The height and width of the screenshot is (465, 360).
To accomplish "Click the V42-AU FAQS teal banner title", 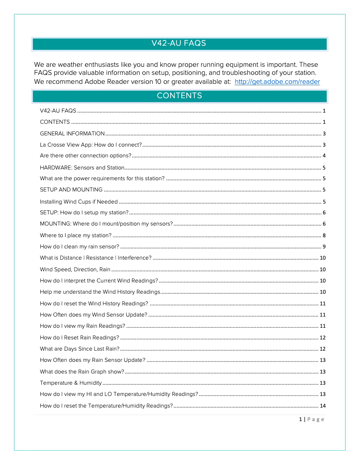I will click(x=179, y=43).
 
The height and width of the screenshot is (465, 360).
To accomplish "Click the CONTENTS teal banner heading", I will click(x=179, y=96).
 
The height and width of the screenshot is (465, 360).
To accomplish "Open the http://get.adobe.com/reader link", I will click(x=277, y=82).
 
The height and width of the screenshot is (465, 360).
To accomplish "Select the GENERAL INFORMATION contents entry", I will click(x=72, y=134).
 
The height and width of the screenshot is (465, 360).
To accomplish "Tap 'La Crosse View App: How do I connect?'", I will click(x=91, y=145).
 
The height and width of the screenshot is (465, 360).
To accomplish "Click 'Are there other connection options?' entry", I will click(x=85, y=156).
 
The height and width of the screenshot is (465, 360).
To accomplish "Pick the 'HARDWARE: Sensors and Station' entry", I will click(x=82, y=168).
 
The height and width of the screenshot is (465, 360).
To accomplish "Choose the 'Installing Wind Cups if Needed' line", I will click(x=79, y=202).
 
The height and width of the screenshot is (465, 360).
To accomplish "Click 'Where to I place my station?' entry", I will click(x=75, y=235).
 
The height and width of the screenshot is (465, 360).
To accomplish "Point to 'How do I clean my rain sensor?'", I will click(x=79, y=247).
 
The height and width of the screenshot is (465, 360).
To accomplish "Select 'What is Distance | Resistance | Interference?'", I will click(x=96, y=258).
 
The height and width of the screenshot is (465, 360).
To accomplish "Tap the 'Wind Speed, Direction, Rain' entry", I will click(x=75, y=269).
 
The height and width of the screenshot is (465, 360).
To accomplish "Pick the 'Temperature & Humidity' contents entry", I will click(x=70, y=383).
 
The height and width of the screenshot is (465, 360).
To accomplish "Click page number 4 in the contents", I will click(x=324, y=156).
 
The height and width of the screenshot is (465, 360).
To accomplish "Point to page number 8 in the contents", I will click(x=324, y=235).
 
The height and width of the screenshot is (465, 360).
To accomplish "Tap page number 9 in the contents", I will click(x=324, y=247).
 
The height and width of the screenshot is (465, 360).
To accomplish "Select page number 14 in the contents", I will click(x=322, y=406).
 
